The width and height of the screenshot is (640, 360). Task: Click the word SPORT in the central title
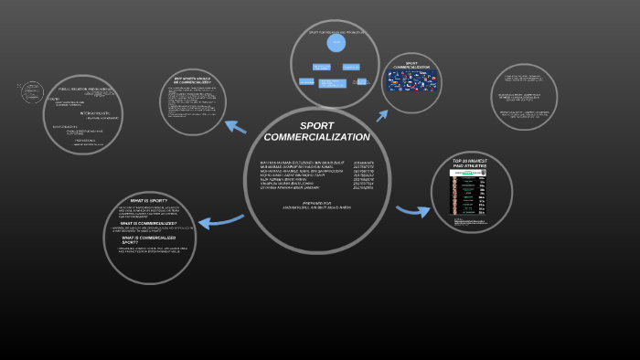[x=317, y=126]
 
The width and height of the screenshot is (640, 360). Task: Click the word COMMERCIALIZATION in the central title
[x=316, y=137]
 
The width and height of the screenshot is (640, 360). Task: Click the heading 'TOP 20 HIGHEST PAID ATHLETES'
[x=471, y=164]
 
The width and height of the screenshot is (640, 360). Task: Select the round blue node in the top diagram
[x=336, y=43]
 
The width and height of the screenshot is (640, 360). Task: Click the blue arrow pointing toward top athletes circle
[x=412, y=211]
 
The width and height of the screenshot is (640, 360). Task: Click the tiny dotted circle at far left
[x=31, y=92]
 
